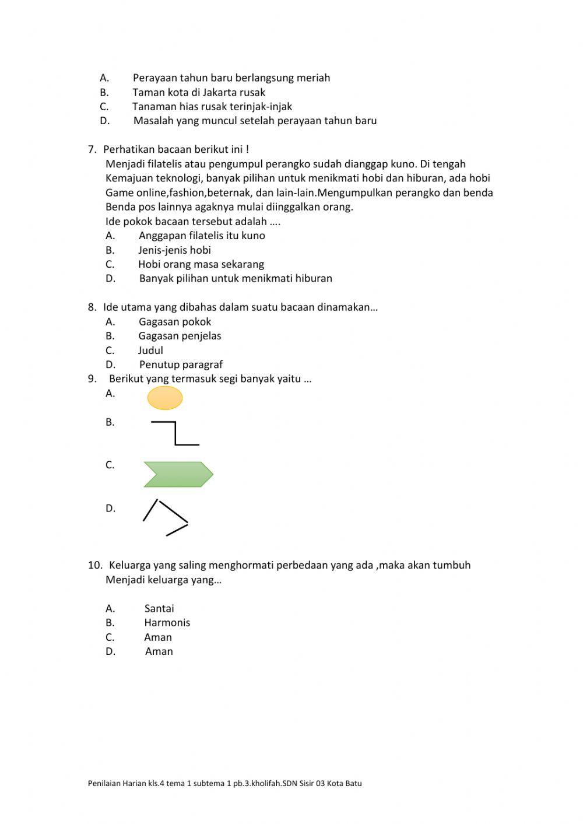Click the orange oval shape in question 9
tap(165, 398)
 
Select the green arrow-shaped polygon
tap(178, 475)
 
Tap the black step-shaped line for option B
tap(175, 433)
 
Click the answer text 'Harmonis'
tap(167, 622)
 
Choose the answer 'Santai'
tap(159, 608)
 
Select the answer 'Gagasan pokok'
tap(175, 321)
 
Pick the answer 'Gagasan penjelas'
tap(180, 336)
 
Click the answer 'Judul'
tap(150, 350)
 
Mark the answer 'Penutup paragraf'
tap(181, 364)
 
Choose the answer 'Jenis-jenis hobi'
tap(174, 250)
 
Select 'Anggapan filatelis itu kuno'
tap(202, 236)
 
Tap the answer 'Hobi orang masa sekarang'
tap(201, 264)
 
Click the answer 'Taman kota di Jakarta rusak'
tap(199, 92)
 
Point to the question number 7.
tap(92, 149)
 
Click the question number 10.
tap(94, 565)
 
